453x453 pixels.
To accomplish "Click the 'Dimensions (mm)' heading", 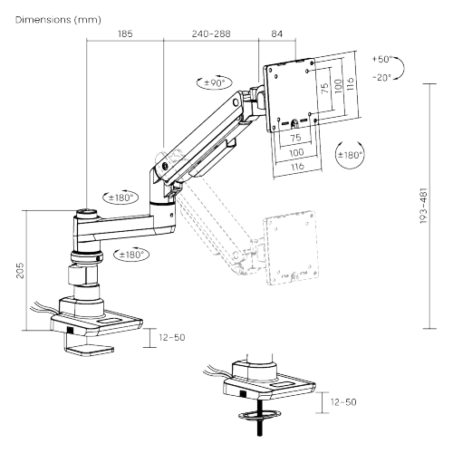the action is [x=58, y=20].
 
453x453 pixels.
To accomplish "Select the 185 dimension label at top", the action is [x=125, y=34].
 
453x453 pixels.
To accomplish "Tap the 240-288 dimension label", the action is [x=211, y=34].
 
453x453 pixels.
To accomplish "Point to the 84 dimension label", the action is [x=276, y=34].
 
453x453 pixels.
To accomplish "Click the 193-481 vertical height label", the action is [x=424, y=206].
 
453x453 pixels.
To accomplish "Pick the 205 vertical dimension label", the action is [x=20, y=270].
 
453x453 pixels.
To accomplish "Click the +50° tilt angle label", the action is [x=382, y=59].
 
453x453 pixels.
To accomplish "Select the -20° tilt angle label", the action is [x=381, y=78].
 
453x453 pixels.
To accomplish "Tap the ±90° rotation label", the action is [x=215, y=82].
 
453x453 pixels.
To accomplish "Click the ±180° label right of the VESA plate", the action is [x=350, y=155].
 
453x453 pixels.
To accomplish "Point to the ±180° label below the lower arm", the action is [x=131, y=255].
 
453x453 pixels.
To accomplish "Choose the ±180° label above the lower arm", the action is [x=120, y=198].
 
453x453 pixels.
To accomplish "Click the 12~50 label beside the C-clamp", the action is [x=172, y=337].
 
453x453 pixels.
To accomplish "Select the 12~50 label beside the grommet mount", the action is [x=343, y=402].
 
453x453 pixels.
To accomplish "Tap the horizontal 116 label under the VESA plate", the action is [x=297, y=167].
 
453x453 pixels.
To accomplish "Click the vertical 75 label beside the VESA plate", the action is [x=325, y=88].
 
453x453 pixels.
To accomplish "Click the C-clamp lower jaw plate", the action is [x=90, y=350].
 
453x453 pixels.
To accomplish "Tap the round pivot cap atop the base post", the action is [x=86, y=213].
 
